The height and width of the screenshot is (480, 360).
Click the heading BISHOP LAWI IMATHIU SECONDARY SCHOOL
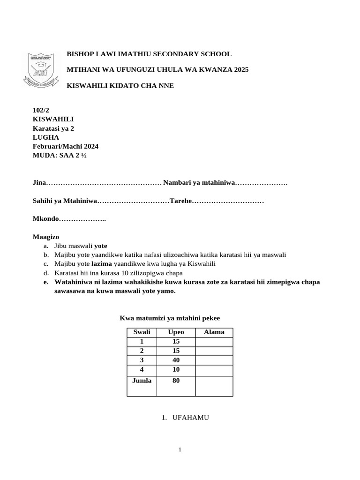(149, 54)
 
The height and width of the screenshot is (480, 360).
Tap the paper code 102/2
(41, 110)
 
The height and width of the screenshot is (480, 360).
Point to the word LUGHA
(45, 137)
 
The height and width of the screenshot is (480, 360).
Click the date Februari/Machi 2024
(65, 146)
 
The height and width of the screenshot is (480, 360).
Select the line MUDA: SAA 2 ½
(60, 156)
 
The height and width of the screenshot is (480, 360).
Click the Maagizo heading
(46, 237)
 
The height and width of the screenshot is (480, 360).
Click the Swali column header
(142, 332)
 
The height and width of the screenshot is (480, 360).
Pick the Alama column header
(214, 332)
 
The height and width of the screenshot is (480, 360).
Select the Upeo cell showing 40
(176, 360)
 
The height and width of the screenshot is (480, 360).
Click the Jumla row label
(142, 381)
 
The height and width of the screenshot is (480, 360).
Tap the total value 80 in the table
(176, 381)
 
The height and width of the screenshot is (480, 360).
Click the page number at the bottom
(180, 450)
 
